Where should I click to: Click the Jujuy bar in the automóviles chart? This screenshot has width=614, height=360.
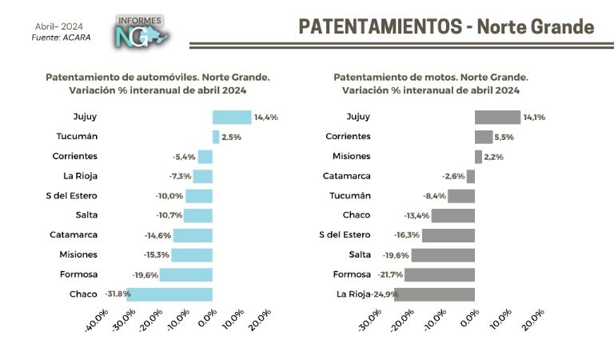232,117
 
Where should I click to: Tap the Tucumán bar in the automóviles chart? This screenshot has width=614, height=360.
216,137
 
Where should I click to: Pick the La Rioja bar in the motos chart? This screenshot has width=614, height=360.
435,294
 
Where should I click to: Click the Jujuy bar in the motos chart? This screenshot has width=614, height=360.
497,117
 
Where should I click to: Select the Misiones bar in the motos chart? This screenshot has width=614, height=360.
478,157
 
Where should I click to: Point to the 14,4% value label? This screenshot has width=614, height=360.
265,118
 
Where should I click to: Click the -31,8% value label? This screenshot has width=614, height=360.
117,294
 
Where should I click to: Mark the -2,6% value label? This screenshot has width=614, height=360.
453,176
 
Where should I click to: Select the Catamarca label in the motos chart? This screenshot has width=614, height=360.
346,176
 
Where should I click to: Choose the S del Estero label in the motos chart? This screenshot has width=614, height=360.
345,234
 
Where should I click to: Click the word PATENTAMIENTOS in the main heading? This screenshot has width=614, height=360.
378,26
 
